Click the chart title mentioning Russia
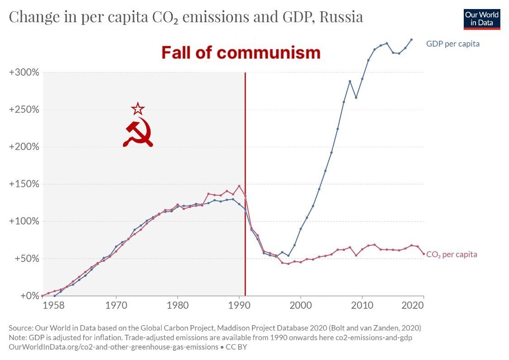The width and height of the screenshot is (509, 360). click(186, 17)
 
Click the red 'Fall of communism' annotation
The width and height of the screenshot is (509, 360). click(241, 53)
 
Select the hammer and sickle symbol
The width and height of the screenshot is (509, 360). click(138, 133)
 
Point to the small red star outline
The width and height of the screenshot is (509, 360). click(138, 109)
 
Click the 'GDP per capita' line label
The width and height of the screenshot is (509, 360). click(452, 44)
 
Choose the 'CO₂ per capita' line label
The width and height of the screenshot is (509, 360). click(452, 254)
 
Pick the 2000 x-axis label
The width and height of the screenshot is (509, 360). click(300, 306)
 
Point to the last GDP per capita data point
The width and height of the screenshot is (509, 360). click(411, 39)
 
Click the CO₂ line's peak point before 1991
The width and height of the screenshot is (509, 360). click(239, 186)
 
